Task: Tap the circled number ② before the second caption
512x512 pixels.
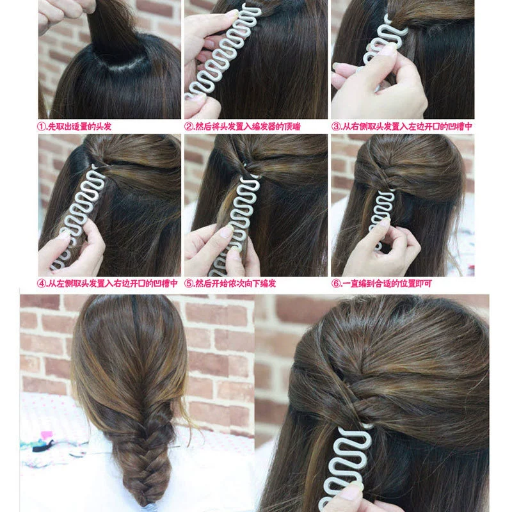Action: pyautogui.click(x=189, y=127)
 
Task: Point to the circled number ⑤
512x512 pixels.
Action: pyautogui.click(x=189, y=283)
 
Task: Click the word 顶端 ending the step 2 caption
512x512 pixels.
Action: pyautogui.click(x=292, y=127)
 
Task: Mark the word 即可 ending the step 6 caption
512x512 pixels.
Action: pyautogui.click(x=423, y=283)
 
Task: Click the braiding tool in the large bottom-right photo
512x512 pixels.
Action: pyautogui.click(x=346, y=463)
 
